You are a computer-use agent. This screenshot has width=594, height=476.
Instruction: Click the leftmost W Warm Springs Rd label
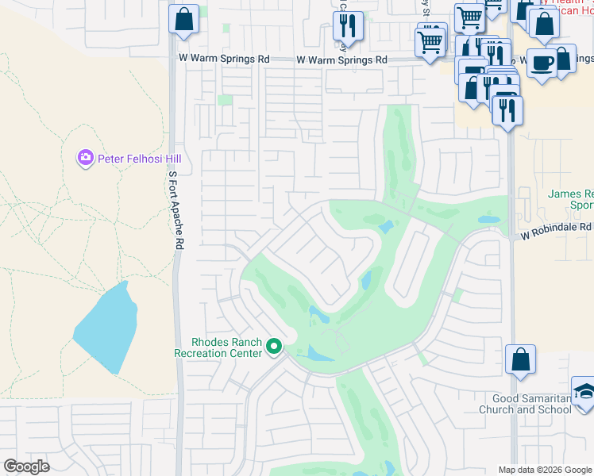coord(224,59)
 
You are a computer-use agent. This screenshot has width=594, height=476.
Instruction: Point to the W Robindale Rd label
coord(557,236)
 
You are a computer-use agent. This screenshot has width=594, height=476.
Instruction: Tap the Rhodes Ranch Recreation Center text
coord(218,347)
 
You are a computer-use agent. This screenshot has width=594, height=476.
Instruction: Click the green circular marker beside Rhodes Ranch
coord(275,347)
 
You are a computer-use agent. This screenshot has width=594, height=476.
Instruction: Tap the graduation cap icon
coord(584,392)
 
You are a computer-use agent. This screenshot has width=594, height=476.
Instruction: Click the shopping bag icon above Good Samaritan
coord(520,360)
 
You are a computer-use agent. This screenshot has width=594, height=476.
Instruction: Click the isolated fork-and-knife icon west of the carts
coord(348,26)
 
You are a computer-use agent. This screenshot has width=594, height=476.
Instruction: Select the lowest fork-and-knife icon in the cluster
coord(507,109)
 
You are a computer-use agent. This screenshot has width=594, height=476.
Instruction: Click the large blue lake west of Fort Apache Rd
coord(103,329)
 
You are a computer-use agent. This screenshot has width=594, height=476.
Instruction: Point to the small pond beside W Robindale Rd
coord(488,220)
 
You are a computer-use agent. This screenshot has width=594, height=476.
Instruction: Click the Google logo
coord(26,466)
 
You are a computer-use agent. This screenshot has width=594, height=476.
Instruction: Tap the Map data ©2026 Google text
coord(545,470)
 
